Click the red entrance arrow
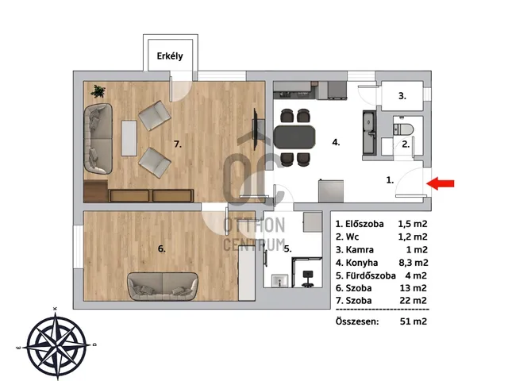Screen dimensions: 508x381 tap(441, 183)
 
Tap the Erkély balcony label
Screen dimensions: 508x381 tap(170, 56)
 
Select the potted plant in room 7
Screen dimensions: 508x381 tap(98, 91)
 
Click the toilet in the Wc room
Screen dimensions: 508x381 tap(403, 129)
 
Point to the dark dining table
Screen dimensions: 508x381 tap(294, 137)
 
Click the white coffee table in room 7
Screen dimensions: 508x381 tap(129, 138)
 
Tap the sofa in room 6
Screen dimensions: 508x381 tap(162, 286)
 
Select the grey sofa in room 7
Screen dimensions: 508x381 tap(98, 139)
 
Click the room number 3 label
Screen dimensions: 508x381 tap(402, 96)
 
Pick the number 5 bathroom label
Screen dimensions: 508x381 tap(287, 248)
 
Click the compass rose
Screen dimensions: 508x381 tap(56, 344)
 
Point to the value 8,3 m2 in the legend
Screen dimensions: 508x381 tap(414, 263)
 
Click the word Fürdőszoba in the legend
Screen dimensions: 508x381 tap(371, 275)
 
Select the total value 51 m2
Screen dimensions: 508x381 tap(414, 321)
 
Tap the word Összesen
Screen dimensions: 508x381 tap(357, 321)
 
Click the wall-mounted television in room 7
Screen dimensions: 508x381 tap(256, 129)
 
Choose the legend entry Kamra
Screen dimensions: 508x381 tap(360, 250)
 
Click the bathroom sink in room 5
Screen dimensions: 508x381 tap(280, 280)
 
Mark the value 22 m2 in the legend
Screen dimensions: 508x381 tap(413, 301)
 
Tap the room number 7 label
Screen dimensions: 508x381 tap(178, 144)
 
